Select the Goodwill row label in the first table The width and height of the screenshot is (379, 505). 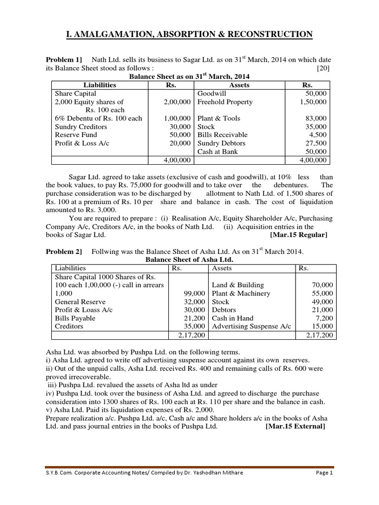pyautogui.click(x=211, y=93)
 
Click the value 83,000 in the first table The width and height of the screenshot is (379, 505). pyautogui.click(x=316, y=118)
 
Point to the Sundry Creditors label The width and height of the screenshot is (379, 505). pyautogui.click(x=81, y=127)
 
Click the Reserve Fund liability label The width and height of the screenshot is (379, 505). pyautogui.click(x=76, y=135)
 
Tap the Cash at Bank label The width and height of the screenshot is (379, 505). pyautogui.click(x=217, y=151)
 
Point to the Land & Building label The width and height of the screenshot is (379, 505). pyautogui.click(x=238, y=285)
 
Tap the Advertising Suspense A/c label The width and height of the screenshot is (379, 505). pyautogui.click(x=251, y=326)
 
